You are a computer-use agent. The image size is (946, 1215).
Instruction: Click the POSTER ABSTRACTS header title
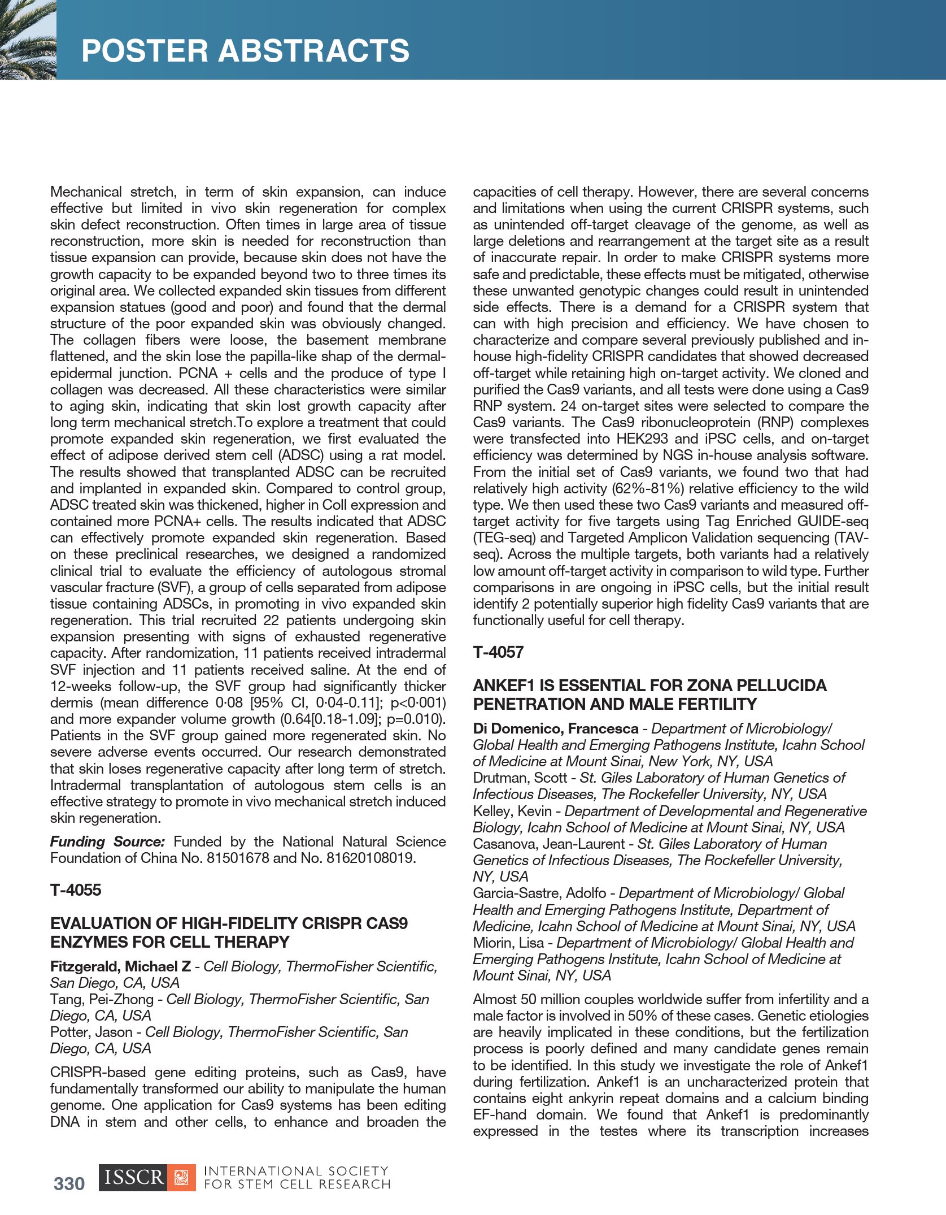coord(245,51)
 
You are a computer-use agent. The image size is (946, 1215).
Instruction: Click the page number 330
coord(69,1183)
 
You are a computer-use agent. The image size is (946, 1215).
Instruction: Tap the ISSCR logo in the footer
coord(147,1178)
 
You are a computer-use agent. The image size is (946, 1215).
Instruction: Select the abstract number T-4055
coord(76,890)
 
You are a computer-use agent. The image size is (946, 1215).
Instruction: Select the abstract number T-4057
coord(498,652)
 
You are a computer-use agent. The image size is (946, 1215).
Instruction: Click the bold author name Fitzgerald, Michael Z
coord(120,966)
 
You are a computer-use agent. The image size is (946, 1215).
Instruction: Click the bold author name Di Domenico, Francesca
coord(556,728)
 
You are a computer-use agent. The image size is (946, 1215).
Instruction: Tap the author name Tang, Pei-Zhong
coord(102,999)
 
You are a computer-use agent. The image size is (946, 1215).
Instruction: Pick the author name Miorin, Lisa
coord(508,943)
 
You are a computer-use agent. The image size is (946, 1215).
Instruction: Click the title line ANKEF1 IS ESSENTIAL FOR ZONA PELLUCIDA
coord(649,685)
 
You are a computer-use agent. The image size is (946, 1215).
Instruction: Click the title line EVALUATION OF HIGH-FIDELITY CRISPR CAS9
coord(229,923)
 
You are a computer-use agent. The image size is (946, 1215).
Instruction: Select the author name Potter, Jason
coord(91,1032)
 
